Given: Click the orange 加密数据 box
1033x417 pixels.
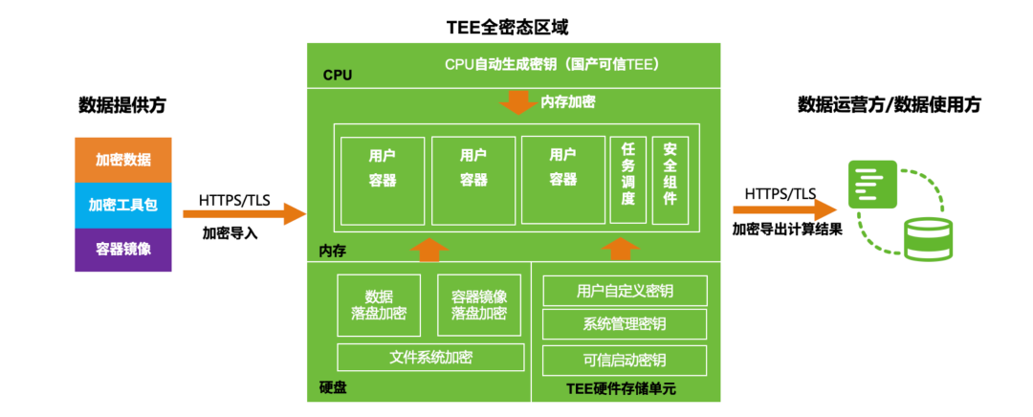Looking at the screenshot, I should (x=123, y=160).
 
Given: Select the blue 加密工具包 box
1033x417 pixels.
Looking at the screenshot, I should (x=123, y=205).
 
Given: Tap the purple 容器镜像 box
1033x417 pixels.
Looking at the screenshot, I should (x=123, y=250).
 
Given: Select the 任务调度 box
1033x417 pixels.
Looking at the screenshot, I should (x=628, y=180).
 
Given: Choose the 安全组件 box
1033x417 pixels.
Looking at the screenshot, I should (x=670, y=180).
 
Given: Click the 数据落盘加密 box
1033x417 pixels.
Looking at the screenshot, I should (x=379, y=305).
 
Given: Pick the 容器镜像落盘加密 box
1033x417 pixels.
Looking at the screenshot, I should (x=479, y=305).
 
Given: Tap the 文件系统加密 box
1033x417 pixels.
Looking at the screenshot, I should (x=431, y=358).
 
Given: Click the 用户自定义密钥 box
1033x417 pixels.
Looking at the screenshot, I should (x=625, y=290).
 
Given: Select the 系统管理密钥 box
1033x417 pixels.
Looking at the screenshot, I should (x=625, y=322).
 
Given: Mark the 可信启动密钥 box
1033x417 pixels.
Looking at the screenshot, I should (x=625, y=360).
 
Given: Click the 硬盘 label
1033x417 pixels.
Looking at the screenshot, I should (x=333, y=388).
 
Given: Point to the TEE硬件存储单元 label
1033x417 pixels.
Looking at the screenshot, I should (x=621, y=388).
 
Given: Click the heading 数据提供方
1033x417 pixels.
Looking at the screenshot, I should (x=122, y=105).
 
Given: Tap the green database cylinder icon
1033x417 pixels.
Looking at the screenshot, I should (x=928, y=238).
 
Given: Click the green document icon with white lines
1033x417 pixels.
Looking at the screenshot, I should (x=871, y=184).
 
